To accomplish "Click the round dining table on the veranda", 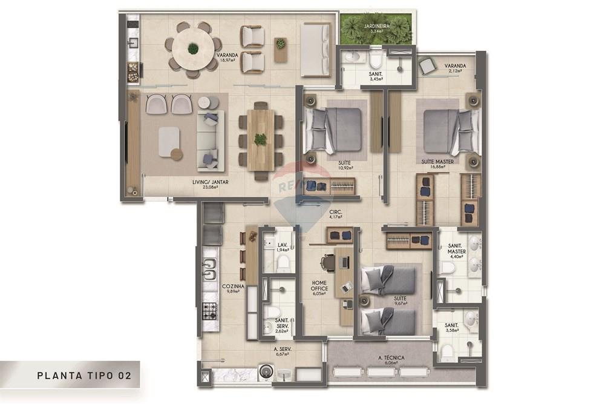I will point(193,48).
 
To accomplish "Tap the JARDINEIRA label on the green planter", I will point(380,26).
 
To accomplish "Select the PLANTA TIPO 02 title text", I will point(84,375).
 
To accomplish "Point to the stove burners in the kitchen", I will point(209,311).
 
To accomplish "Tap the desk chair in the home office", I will point(328,262).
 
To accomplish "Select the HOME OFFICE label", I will point(319,285).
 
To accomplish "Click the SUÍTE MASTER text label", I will point(438,162).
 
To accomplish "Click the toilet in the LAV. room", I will point(283,263).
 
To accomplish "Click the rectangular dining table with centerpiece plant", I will point(260,139).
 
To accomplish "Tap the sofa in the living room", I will point(210,140).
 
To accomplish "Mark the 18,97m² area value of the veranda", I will point(227,61).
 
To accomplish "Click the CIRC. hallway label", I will point(336,212).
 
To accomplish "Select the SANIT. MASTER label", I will point(456,250).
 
